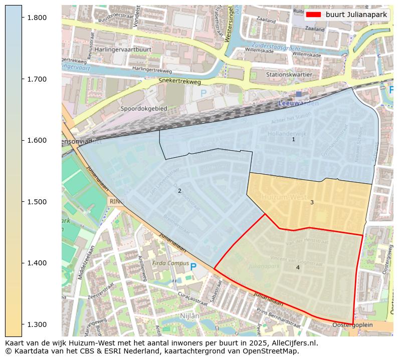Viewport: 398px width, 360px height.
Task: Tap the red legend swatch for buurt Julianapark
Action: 313,15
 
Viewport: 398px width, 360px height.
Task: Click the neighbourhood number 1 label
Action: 294,140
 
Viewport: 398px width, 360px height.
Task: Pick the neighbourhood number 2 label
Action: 179,191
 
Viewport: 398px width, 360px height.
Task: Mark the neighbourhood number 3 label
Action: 312,202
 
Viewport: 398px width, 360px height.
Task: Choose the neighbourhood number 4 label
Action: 298,267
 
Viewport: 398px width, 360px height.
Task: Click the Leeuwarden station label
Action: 298,103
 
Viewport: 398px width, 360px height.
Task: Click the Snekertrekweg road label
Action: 179,81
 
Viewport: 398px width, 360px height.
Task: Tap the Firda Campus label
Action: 157,263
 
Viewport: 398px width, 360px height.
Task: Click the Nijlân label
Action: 189,316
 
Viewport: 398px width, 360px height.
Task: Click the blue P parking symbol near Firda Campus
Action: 193,267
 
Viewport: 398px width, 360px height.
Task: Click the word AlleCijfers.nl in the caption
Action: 295,343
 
